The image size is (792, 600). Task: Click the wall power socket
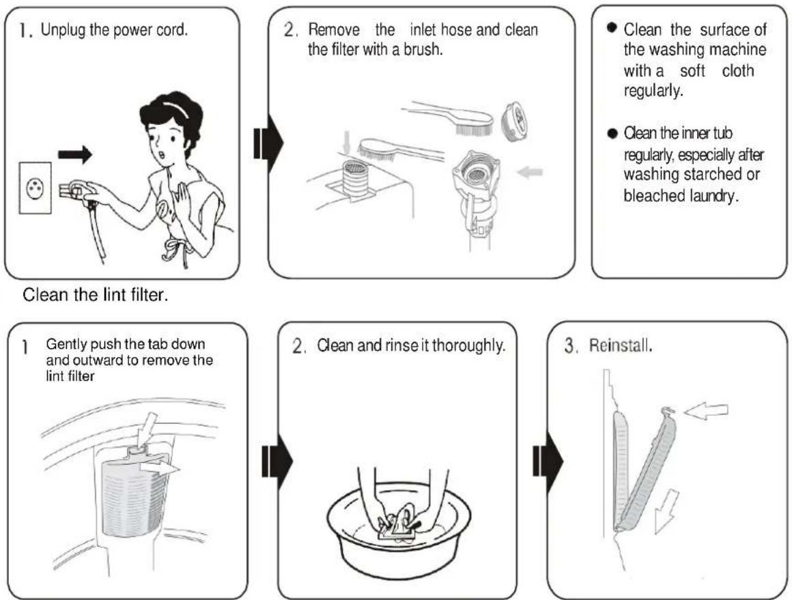35,188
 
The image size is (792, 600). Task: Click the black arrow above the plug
75,154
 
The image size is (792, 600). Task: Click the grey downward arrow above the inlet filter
347,142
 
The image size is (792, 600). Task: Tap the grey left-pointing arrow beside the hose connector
530,172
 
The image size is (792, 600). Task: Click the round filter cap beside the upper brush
515,119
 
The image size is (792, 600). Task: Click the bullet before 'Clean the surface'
612,27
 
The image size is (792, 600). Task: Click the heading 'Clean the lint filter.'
96,294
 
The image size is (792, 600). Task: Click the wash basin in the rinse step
399,530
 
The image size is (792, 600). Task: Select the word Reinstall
621,347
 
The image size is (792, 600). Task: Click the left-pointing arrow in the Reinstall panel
706,411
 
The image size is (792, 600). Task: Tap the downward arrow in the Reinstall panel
666,511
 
